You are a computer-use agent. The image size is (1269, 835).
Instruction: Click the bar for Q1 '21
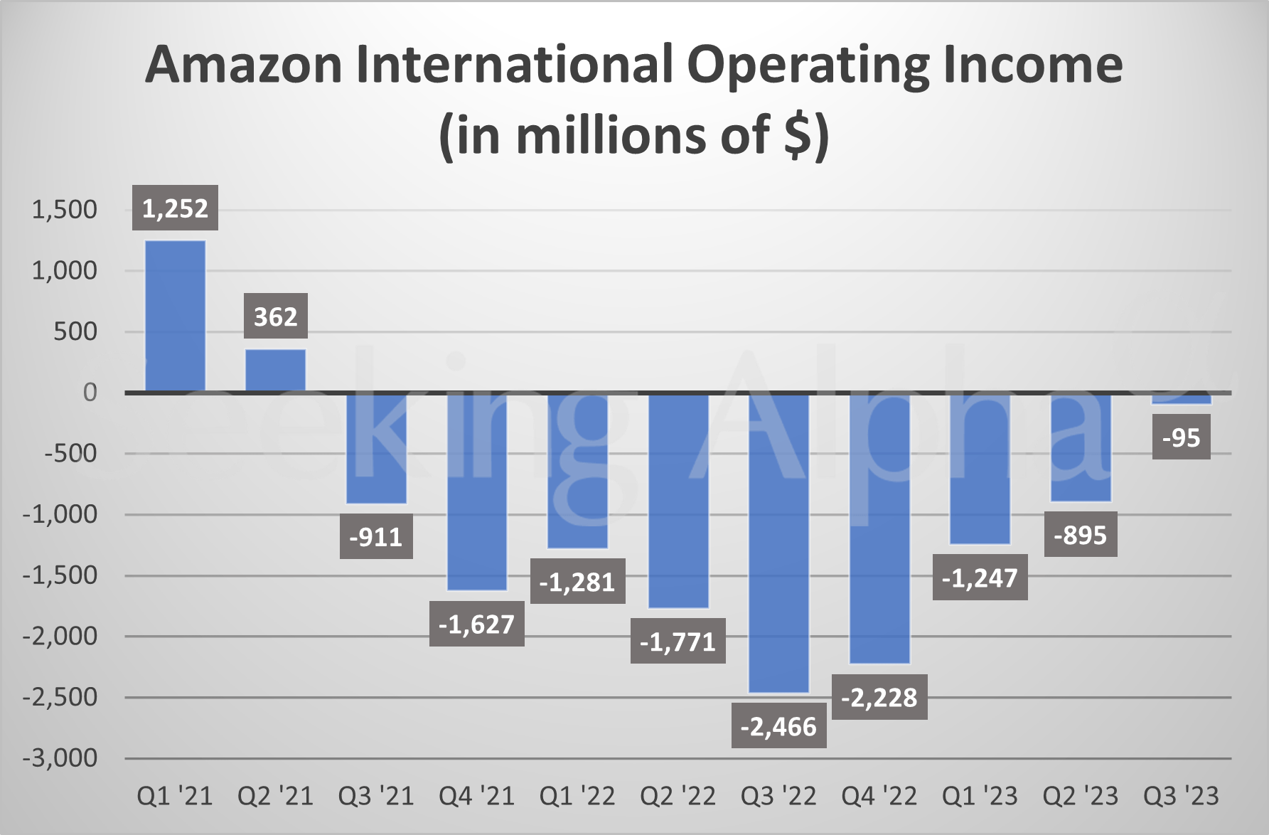click(175, 317)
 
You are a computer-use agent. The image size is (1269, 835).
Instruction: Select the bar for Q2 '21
click(275, 370)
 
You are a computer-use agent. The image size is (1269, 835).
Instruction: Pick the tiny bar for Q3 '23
click(1181, 399)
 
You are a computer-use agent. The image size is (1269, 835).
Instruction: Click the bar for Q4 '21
click(476, 491)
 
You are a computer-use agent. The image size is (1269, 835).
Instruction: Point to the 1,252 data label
click(175, 208)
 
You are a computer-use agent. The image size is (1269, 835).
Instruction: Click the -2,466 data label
click(778, 726)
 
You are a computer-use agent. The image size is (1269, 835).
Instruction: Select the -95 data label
click(1181, 437)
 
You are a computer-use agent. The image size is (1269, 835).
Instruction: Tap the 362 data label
click(275, 317)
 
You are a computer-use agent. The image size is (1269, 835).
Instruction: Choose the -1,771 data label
click(678, 642)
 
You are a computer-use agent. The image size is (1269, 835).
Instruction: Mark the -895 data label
click(1080, 534)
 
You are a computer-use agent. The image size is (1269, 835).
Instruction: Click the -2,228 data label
click(879, 697)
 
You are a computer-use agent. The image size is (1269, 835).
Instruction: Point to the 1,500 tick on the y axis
click(64, 210)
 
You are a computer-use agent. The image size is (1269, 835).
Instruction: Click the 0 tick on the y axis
click(90, 393)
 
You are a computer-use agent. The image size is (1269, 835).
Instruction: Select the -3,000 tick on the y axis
click(60, 758)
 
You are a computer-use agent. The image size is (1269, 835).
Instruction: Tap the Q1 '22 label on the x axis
click(577, 796)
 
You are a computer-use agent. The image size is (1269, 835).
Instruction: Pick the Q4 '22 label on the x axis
click(879, 796)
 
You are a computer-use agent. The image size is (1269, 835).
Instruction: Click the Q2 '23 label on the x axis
click(1080, 796)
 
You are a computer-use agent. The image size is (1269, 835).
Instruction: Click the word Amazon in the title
click(244, 65)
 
